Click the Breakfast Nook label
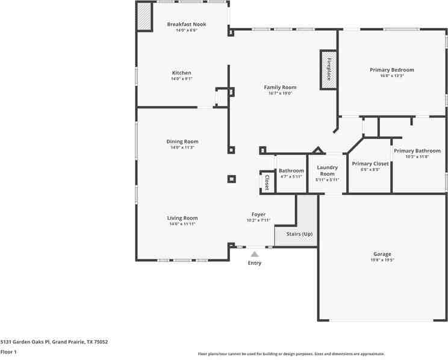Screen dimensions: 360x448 pos(186,24)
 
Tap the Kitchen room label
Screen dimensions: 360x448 pos(181,73)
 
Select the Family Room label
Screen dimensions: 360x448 pos(280,87)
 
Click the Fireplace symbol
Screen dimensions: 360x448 pos(328,69)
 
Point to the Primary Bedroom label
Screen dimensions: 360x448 pos(391,70)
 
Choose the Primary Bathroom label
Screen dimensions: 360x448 pos(417,151)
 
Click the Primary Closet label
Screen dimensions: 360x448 pos(370,163)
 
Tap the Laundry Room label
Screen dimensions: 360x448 pos(327,170)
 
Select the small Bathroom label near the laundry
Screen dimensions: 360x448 pos(291,170)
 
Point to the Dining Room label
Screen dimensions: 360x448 pos(182,141)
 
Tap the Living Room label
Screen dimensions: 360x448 pos(182,218)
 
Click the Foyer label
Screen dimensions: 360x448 pos(258,214)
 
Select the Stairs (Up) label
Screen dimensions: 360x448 pos(299,234)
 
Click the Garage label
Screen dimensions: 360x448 pos(382,254)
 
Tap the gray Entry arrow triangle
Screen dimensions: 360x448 pos(255,255)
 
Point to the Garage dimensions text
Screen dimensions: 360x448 pos(382,260)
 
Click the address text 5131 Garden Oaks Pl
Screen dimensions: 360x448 pos(54,341)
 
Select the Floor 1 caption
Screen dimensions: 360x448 pos(8,352)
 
